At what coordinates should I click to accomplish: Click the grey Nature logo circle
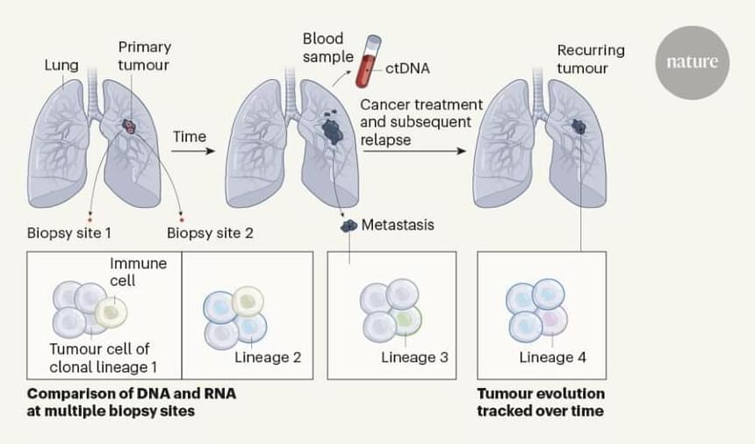pyautogui.click(x=692, y=62)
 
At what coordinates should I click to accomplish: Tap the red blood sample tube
pyautogui.click(x=367, y=62)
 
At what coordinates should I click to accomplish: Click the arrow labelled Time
pyautogui.click(x=193, y=151)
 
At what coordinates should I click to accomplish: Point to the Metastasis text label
pyautogui.click(x=398, y=225)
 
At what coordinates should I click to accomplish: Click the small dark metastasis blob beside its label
pyautogui.click(x=349, y=226)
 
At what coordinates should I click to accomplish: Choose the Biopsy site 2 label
pyautogui.click(x=210, y=233)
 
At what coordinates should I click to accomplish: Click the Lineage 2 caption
pyautogui.click(x=268, y=357)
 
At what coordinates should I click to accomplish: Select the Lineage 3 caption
pyautogui.click(x=414, y=357)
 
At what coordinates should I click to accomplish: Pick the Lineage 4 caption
pyautogui.click(x=552, y=357)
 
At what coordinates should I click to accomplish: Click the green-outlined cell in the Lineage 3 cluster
pyautogui.click(x=406, y=320)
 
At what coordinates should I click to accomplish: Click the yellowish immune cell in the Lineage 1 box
pyautogui.click(x=111, y=312)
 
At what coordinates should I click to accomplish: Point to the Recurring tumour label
pyautogui.click(x=590, y=59)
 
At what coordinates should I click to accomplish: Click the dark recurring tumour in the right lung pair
pyautogui.click(x=579, y=127)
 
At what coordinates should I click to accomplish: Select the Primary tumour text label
pyautogui.click(x=144, y=55)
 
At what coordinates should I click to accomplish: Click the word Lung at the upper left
pyautogui.click(x=61, y=65)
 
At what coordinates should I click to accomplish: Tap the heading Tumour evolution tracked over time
pyautogui.click(x=541, y=402)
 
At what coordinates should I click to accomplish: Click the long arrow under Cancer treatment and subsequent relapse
pyautogui.click(x=413, y=151)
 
